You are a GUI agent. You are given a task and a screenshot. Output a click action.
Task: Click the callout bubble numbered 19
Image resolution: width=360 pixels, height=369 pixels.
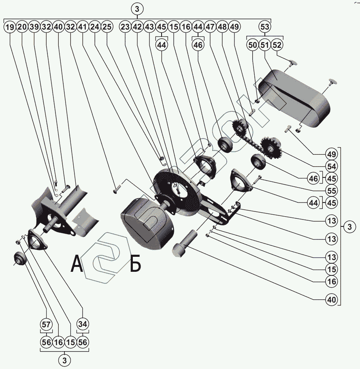10,28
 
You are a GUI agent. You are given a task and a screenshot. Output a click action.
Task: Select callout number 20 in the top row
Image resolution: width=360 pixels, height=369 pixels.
22,28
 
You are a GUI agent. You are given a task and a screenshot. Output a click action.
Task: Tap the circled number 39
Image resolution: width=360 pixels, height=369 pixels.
34,28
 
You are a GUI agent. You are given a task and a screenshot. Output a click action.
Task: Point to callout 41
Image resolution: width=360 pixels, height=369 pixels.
83,28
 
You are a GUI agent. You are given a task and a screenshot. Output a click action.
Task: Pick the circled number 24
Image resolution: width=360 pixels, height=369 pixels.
95,28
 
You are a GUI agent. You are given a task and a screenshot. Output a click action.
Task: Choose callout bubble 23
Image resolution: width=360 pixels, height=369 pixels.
125,28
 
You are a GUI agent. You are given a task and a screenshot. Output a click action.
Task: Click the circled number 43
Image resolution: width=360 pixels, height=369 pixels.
149,28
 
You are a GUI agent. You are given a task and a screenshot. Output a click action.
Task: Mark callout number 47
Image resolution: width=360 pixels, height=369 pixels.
210,28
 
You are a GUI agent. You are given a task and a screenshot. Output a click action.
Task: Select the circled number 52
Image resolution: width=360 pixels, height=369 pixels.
277,45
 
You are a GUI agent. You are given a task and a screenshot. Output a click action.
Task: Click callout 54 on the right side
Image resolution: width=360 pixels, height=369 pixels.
332,166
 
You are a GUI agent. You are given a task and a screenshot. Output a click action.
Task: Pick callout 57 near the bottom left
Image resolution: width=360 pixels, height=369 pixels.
46,324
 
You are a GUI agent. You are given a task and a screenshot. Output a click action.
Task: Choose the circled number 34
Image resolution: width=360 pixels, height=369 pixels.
83,324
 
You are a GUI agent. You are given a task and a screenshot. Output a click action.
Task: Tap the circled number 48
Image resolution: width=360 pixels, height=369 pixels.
222,28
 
